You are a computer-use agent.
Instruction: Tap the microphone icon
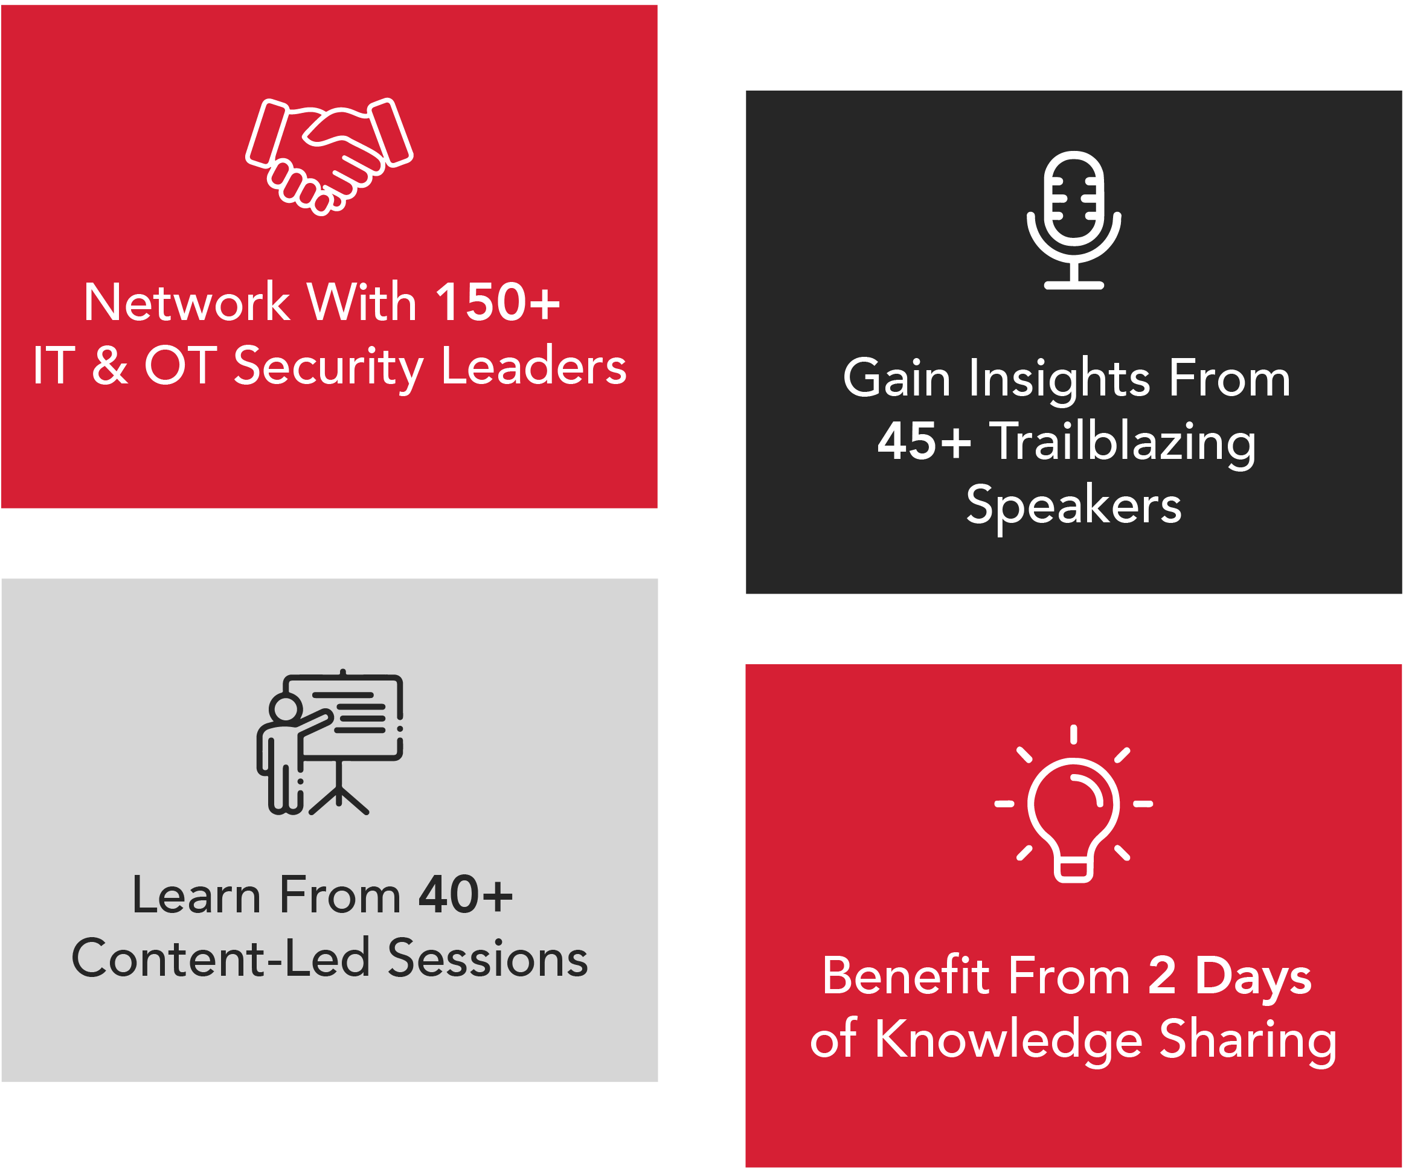(1073, 220)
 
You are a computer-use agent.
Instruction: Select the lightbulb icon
(1073, 804)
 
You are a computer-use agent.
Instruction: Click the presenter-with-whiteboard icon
(329, 743)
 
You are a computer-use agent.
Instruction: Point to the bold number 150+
(498, 302)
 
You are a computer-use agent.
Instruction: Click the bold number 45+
(924, 441)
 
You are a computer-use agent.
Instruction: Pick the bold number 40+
(465, 894)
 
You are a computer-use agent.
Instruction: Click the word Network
(187, 302)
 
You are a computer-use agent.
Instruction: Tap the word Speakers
(1074, 506)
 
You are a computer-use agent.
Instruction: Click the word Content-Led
(221, 958)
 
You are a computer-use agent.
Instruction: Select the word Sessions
(488, 958)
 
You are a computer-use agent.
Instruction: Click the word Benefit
(906, 976)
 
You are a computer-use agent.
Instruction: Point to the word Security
(329, 368)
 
